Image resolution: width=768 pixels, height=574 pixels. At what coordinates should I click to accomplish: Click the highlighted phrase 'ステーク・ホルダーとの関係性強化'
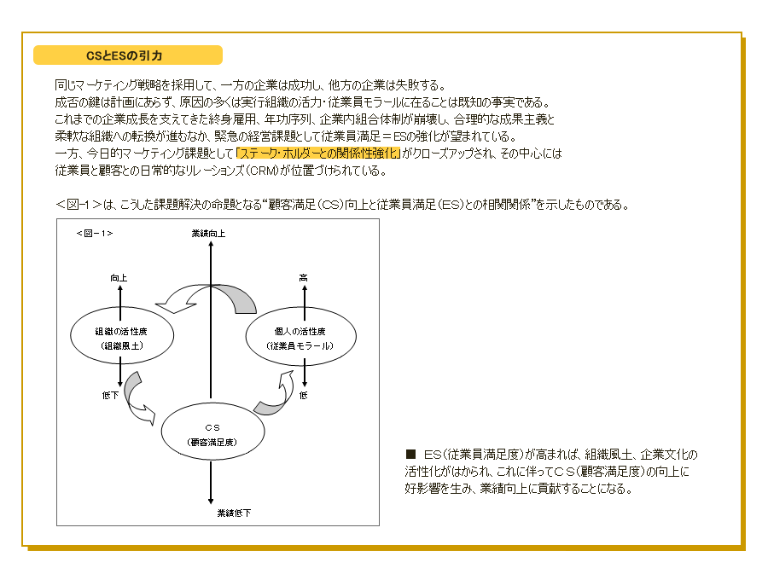318,154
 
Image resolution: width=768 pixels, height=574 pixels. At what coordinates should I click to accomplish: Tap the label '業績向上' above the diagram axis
208,234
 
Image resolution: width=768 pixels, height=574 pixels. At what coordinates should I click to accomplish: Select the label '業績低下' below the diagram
234,513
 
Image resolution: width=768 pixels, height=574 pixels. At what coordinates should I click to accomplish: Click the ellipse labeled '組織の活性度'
122,336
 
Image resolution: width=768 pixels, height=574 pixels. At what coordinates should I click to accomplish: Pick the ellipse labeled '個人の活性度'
300,336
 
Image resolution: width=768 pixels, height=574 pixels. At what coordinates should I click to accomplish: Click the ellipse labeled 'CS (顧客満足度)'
212,432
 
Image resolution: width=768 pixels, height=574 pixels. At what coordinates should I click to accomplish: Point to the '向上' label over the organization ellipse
119,278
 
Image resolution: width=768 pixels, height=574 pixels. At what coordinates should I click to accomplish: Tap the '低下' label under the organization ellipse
110,395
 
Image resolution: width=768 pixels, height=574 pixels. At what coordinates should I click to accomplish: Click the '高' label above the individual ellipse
304,278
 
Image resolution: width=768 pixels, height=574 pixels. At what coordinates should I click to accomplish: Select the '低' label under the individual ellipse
304,395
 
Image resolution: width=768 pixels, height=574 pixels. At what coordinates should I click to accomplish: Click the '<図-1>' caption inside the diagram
95,234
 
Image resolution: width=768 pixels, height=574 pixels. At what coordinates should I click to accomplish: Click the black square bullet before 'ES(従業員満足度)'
410,454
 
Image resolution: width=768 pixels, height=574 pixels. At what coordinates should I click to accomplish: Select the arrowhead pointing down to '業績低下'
211,501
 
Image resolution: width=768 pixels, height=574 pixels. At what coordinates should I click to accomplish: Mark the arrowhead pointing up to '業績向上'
211,245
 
